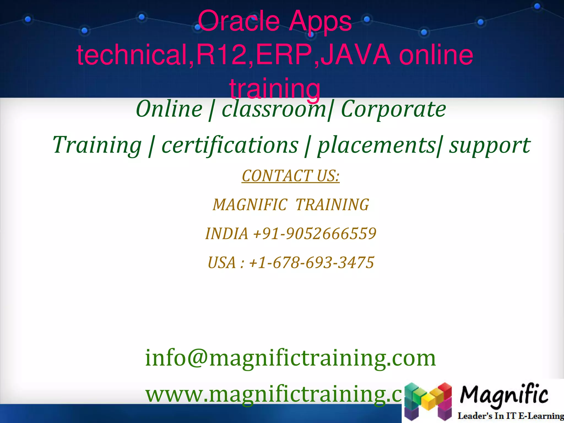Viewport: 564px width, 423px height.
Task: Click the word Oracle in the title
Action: pyautogui.click(x=238, y=21)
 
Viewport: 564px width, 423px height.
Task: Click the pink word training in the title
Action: pyautogui.click(x=275, y=88)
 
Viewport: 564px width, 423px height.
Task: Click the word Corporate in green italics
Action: pyautogui.click(x=393, y=109)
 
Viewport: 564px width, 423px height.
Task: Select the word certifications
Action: pyautogui.click(x=230, y=145)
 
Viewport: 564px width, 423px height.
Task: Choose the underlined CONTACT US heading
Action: pyautogui.click(x=291, y=176)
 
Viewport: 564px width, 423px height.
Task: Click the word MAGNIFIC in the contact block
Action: pyautogui.click(x=250, y=205)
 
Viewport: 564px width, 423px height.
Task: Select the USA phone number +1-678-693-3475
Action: pyautogui.click(x=311, y=262)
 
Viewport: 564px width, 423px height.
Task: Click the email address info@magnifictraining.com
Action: pyautogui.click(x=291, y=358)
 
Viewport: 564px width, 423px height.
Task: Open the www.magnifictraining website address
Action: pyautogui.click(x=274, y=394)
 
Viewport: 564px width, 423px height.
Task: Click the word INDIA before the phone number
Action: pyautogui.click(x=227, y=234)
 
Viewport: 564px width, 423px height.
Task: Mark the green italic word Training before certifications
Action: pyautogui.click(x=97, y=145)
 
